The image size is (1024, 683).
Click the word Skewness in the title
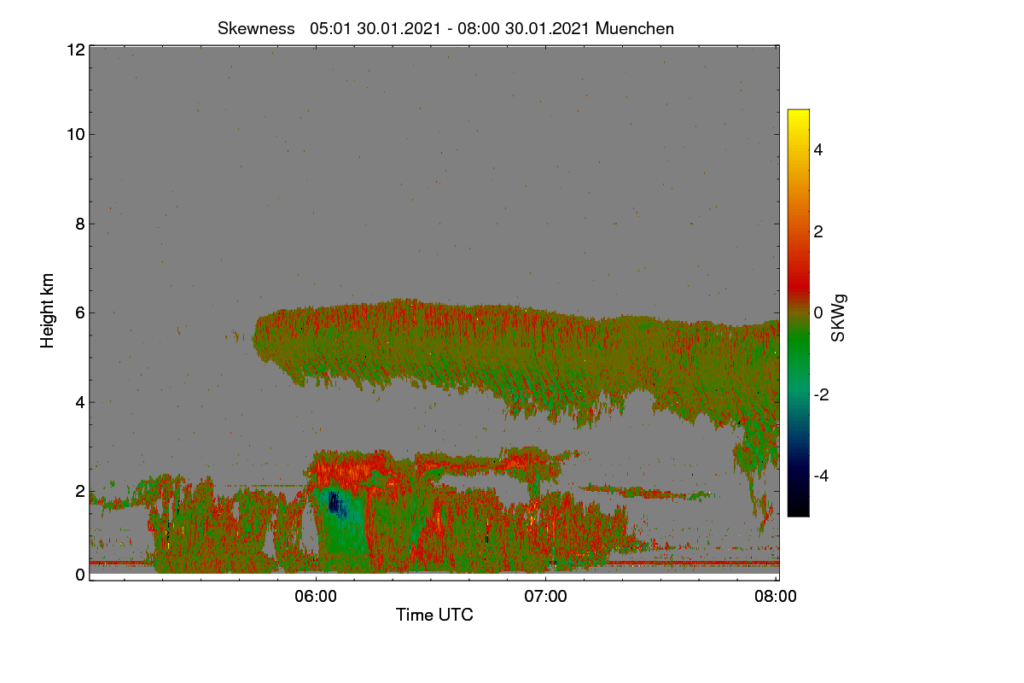point(256,29)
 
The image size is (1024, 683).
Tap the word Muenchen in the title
point(635,29)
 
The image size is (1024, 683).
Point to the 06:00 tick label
point(316,597)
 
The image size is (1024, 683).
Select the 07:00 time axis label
point(545,597)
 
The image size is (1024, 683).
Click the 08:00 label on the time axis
point(776,597)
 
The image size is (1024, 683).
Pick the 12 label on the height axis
point(76,50)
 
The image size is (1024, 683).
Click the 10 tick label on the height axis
point(76,135)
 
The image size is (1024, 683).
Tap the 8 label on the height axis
point(80,225)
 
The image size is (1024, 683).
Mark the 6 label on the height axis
point(80,313)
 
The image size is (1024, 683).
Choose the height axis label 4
point(80,403)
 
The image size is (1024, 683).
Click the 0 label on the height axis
point(80,575)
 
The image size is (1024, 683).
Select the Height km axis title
point(47,311)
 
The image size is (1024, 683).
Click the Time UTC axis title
point(434,615)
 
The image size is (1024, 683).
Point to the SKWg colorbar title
point(838,318)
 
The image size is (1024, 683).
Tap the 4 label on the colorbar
point(818,150)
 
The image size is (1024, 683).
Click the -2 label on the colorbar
point(821,394)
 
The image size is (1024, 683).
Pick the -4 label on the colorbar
point(821,476)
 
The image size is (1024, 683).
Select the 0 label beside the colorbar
point(818,313)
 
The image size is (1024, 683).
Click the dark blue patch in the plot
point(335,503)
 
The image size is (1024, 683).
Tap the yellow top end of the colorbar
point(798,113)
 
